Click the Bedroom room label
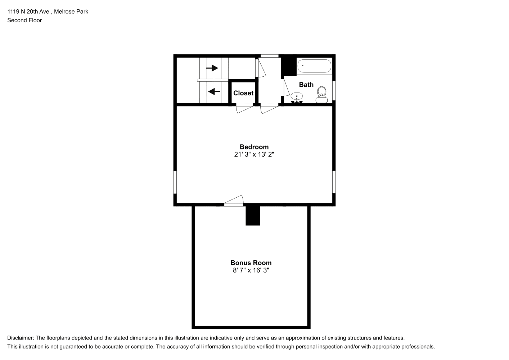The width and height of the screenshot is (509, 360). pos(254,147)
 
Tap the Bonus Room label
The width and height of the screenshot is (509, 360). pos(251,263)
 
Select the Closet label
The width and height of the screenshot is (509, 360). pos(243,93)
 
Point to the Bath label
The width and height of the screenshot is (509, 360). pos(306,85)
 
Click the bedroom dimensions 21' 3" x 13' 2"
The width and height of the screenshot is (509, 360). pos(254,154)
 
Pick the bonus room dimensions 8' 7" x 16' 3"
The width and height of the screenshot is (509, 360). pos(251,270)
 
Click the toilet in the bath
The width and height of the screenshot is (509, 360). pos(321,95)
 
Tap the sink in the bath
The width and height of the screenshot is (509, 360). pos(297,98)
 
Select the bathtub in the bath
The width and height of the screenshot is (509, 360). pos(314,66)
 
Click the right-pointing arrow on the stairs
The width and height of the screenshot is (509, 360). pos(212,68)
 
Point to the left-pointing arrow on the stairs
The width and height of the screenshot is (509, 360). pos(214,91)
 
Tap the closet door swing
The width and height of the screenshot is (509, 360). pos(244,108)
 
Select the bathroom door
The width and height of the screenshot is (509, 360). pos(285,87)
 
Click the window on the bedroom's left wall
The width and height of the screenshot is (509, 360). pos(175,182)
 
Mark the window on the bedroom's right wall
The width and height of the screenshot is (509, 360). pos(334,182)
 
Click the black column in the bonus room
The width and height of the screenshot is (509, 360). pos(253,215)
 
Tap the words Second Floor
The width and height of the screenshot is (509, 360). pos(24,20)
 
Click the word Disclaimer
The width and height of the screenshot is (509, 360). pos(21,338)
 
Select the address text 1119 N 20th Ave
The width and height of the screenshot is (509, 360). pos(28,12)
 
